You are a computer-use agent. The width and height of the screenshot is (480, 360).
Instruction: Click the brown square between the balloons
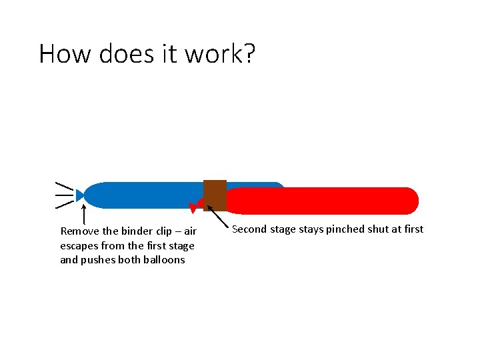(215, 195)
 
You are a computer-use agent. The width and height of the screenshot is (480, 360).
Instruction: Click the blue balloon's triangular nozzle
(80, 195)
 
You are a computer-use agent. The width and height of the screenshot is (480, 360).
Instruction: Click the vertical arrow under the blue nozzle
(83, 215)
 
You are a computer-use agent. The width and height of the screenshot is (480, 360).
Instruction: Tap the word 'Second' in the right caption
(249, 229)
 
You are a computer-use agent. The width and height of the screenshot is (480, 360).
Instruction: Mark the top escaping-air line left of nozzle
(63, 183)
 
